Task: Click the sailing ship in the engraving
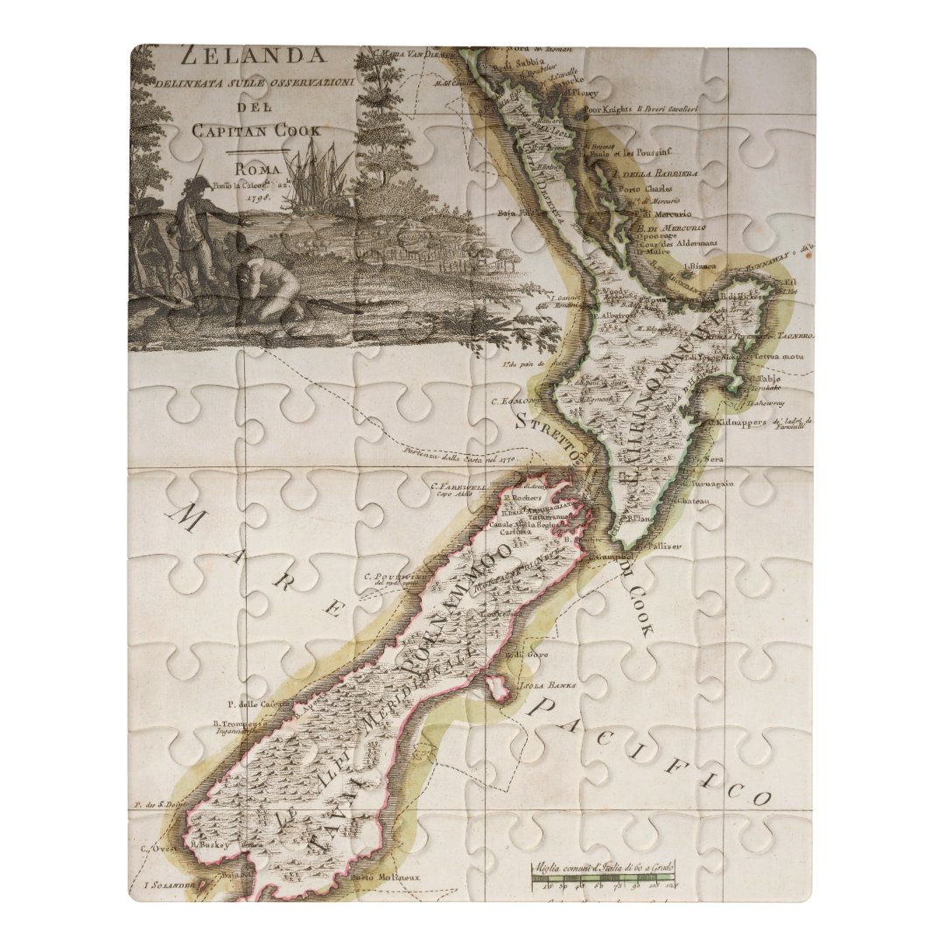click(315, 175)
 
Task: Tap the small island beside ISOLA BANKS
click(500, 689)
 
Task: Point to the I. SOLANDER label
click(166, 885)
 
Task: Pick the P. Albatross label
click(618, 314)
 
